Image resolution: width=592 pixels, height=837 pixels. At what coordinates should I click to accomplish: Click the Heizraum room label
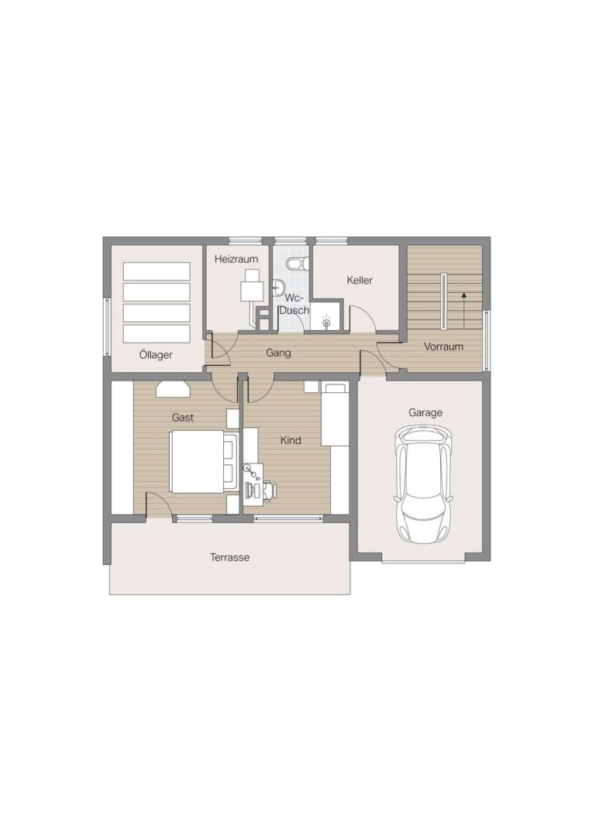click(236, 260)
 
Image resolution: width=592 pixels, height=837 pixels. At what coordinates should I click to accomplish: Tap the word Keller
click(360, 280)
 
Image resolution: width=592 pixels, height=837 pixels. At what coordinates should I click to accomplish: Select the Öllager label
click(156, 355)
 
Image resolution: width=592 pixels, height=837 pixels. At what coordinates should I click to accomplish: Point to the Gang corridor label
click(279, 353)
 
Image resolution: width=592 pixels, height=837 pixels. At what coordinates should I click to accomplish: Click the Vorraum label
click(443, 346)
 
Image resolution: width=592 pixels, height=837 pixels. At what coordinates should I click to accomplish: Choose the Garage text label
click(425, 412)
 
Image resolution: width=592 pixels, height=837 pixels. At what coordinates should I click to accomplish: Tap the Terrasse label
click(229, 557)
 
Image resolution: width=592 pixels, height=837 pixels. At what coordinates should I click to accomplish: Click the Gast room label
click(183, 418)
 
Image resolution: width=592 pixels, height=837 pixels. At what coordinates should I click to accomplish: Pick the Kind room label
click(291, 440)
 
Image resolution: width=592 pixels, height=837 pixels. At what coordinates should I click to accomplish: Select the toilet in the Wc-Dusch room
click(295, 263)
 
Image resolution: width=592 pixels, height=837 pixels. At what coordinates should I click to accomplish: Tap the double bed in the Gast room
click(203, 461)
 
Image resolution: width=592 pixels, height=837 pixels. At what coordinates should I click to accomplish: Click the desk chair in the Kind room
click(268, 489)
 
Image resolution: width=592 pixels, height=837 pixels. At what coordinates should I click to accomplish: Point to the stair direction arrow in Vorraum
click(464, 310)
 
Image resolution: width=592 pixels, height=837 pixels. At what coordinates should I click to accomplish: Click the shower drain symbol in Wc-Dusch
click(326, 322)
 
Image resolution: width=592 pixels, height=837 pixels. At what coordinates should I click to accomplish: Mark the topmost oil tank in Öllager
click(157, 270)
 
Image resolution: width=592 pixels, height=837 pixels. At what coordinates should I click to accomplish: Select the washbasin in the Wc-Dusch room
click(278, 288)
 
